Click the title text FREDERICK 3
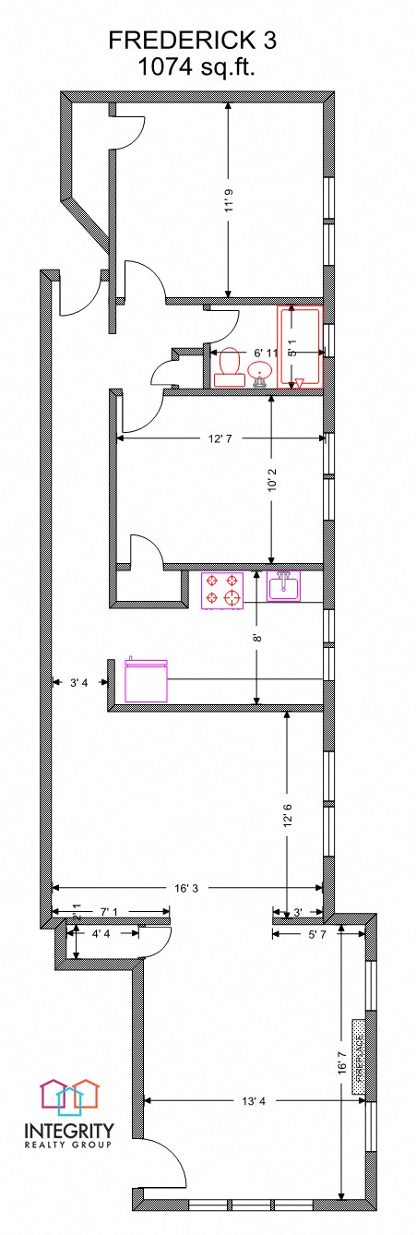tap(192, 40)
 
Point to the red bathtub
tap(300, 348)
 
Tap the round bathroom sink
tap(260, 373)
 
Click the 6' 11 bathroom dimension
tap(267, 353)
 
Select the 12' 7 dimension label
tap(219, 438)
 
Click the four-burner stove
tap(222, 591)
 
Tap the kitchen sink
tap(283, 585)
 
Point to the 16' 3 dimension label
tap(185, 888)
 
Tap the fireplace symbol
tap(358, 1058)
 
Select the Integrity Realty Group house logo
tap(68, 1097)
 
